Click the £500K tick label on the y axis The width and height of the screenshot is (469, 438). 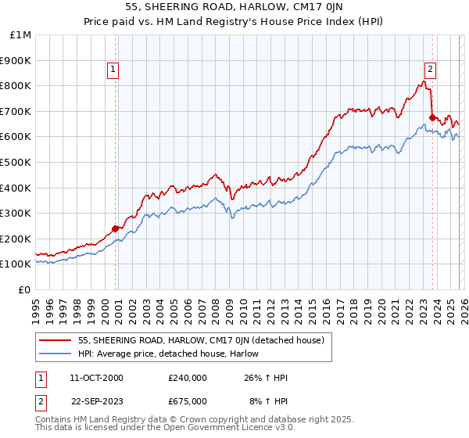point(16,162)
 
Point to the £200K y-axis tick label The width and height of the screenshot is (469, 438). point(16,239)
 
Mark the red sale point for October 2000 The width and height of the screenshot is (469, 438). point(116,228)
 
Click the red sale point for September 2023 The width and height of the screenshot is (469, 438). point(432,117)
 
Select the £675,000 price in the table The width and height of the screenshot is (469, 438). point(188,401)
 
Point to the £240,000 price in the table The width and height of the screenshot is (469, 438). point(188,378)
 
